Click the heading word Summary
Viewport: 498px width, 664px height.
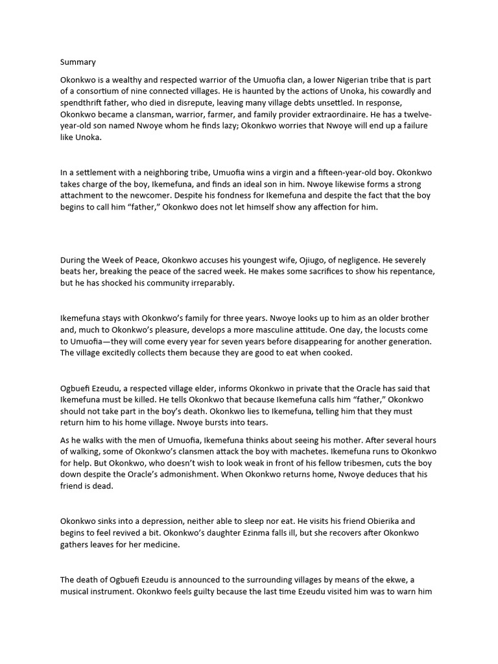78,62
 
